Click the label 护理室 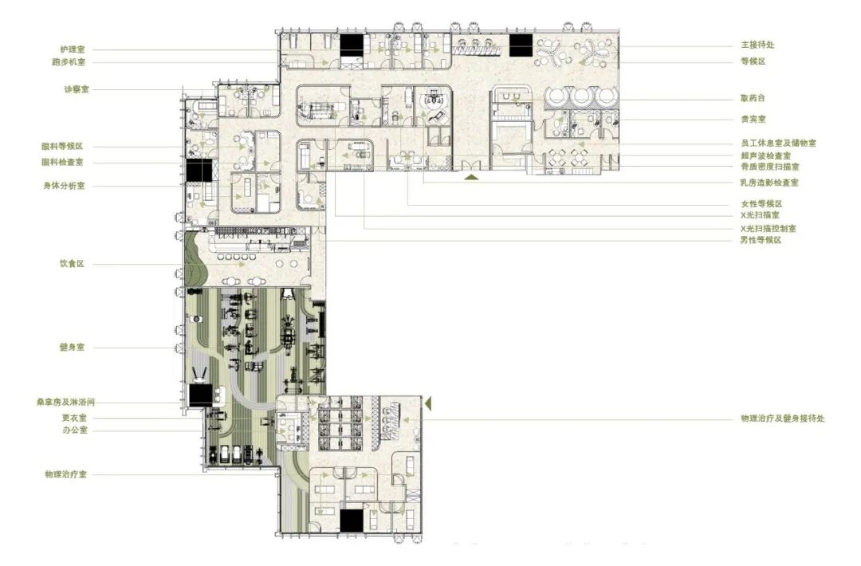point(73,49)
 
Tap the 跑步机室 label point(69,62)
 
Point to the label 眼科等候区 point(62,146)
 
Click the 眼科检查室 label point(62,162)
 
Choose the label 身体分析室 point(65,186)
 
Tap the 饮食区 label point(72,264)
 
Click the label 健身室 point(72,347)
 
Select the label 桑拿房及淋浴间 point(65,402)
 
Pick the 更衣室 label point(74,418)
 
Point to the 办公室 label point(75,430)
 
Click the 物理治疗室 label point(66,474)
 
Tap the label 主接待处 point(758,45)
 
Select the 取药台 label point(753,98)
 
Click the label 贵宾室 point(753,119)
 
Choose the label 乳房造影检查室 point(769,183)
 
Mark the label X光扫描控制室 point(769,228)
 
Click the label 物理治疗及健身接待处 point(783,419)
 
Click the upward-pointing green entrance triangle point(470,177)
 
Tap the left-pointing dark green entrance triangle point(429,403)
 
